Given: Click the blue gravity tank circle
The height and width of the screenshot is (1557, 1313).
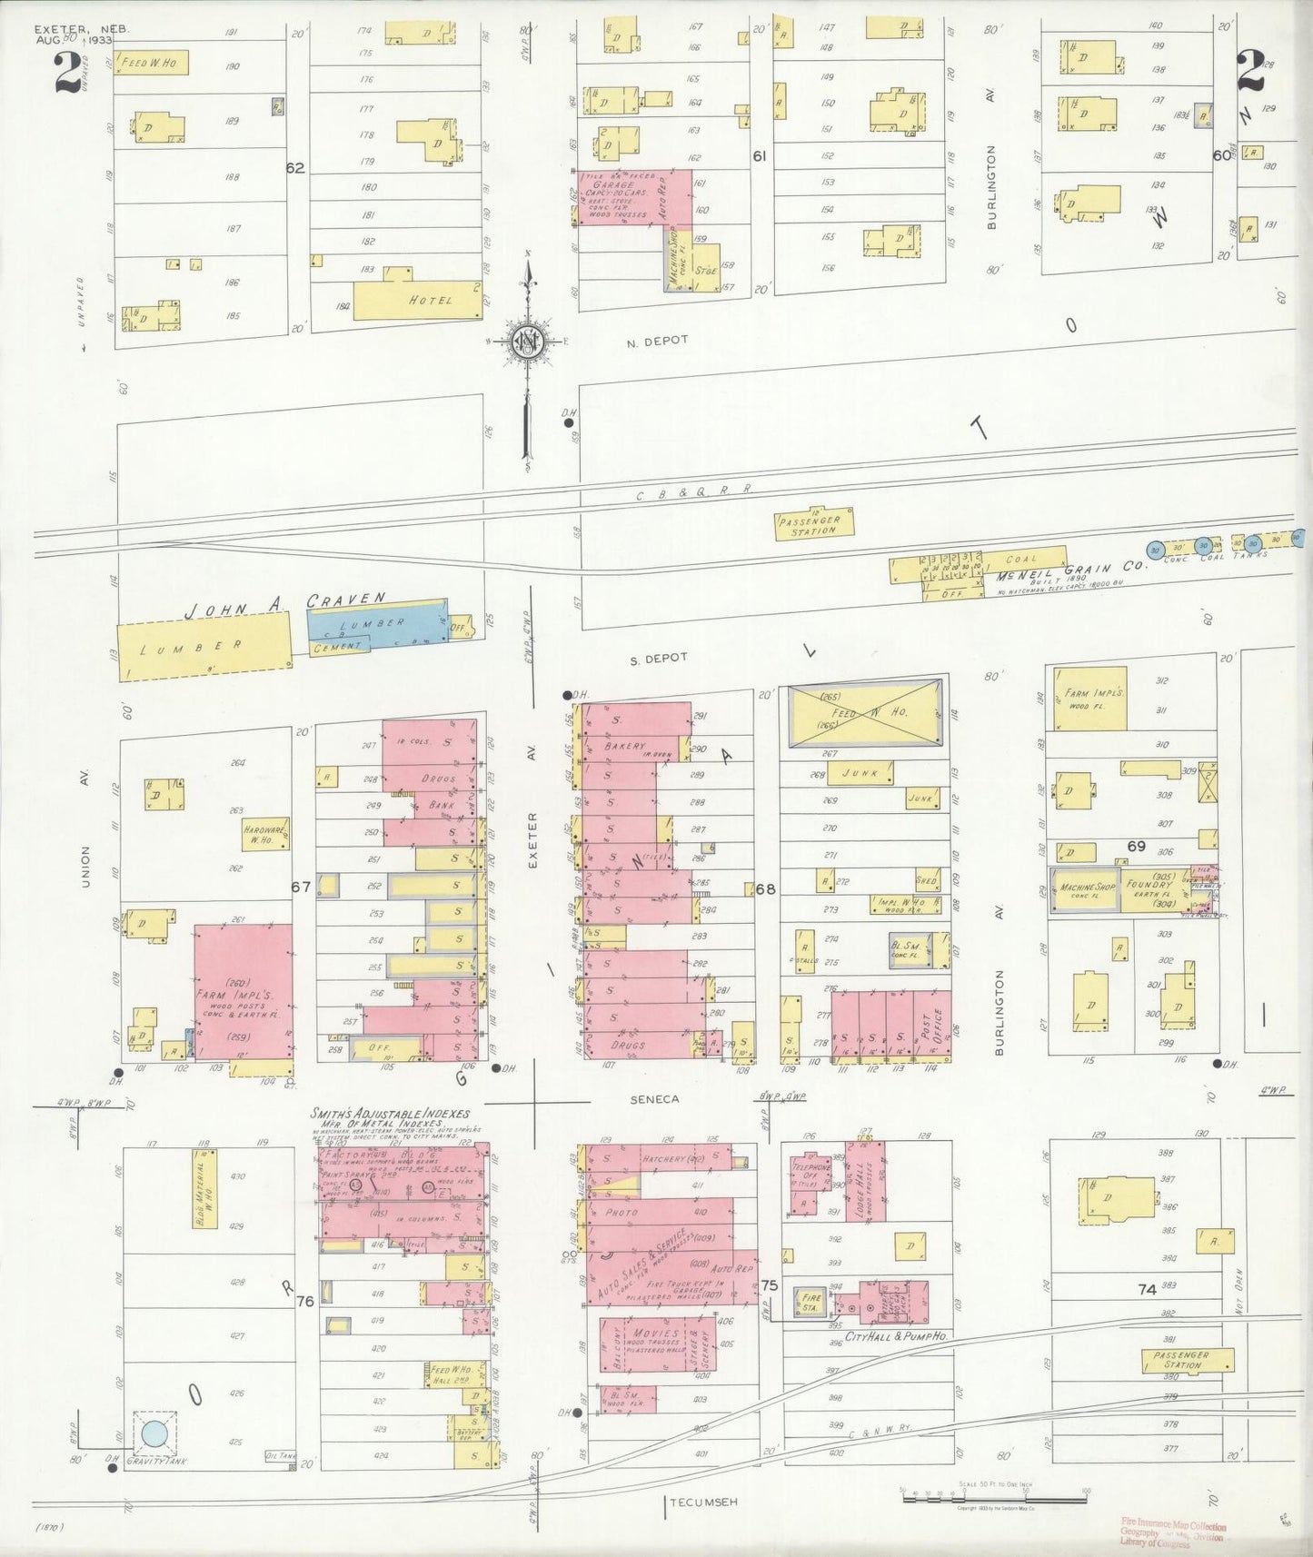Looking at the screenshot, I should click(154, 1433).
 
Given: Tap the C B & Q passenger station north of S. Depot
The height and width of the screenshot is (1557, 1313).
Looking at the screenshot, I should click(814, 524).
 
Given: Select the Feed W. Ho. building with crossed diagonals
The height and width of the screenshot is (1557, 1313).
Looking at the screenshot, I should click(862, 713).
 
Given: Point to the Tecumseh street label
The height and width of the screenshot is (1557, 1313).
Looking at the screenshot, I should click(703, 1502).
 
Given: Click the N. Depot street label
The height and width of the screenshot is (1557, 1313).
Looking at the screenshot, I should click(657, 341).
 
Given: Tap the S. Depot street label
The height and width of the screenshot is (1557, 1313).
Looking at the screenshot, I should click(659, 657).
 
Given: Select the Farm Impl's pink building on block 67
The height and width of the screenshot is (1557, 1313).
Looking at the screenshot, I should click(243, 992).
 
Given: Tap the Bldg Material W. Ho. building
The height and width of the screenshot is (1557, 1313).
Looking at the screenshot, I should click(204, 1189).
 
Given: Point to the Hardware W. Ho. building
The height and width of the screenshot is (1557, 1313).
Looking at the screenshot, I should click(265, 834).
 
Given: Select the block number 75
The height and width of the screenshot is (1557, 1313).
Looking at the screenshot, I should click(770, 1285).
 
